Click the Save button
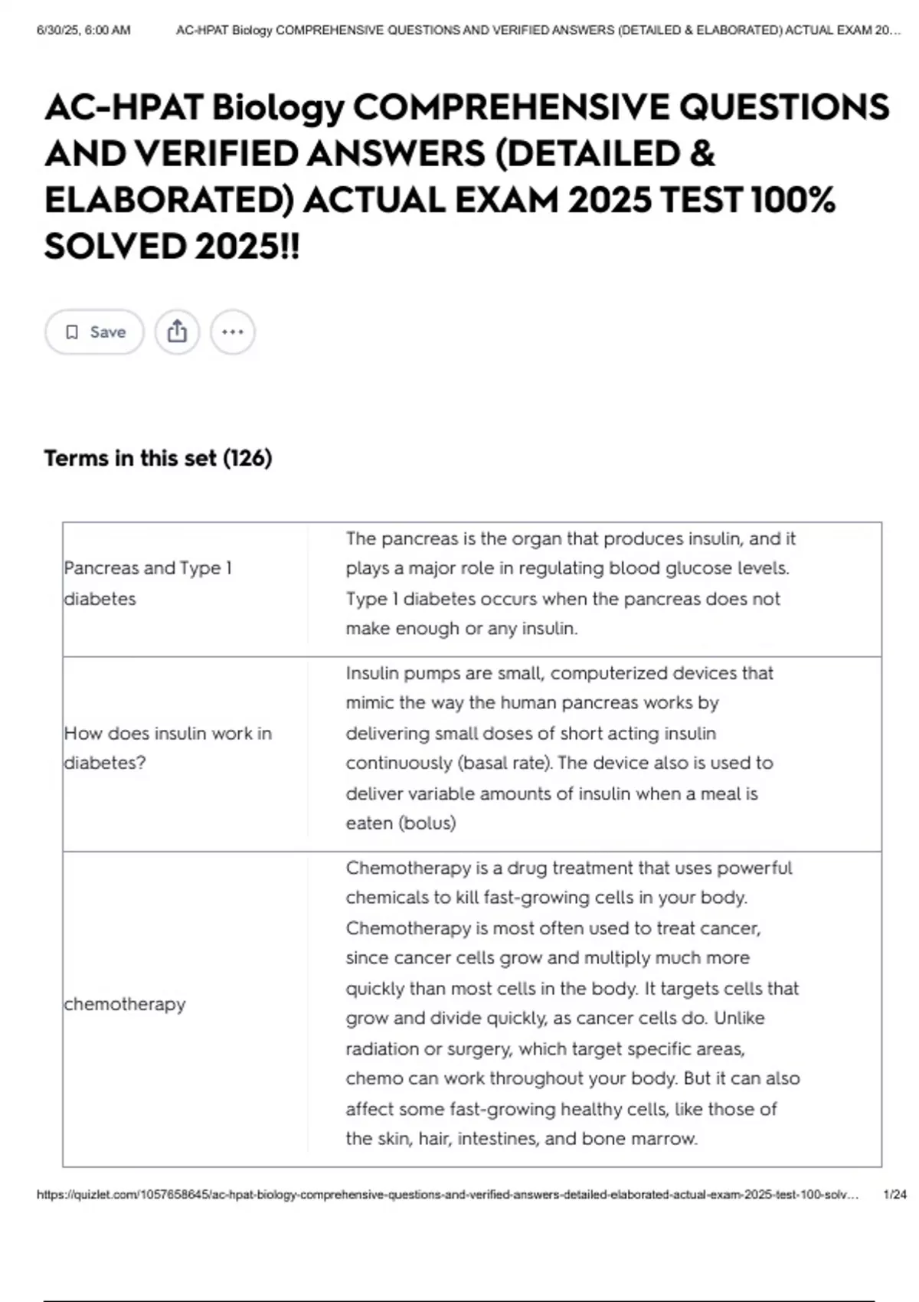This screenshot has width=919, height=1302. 94,332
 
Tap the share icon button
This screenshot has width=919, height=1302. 177,332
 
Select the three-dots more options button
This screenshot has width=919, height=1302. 232,332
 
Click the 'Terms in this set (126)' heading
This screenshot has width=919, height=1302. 158,458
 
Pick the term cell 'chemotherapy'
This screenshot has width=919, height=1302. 125,1003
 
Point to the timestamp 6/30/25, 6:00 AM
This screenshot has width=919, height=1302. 83,31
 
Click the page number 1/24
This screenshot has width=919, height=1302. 894,1194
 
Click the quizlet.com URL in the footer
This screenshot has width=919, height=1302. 447,1194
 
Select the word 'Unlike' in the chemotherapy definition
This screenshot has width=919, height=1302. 739,1018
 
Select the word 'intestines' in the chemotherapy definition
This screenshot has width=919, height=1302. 498,1138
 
